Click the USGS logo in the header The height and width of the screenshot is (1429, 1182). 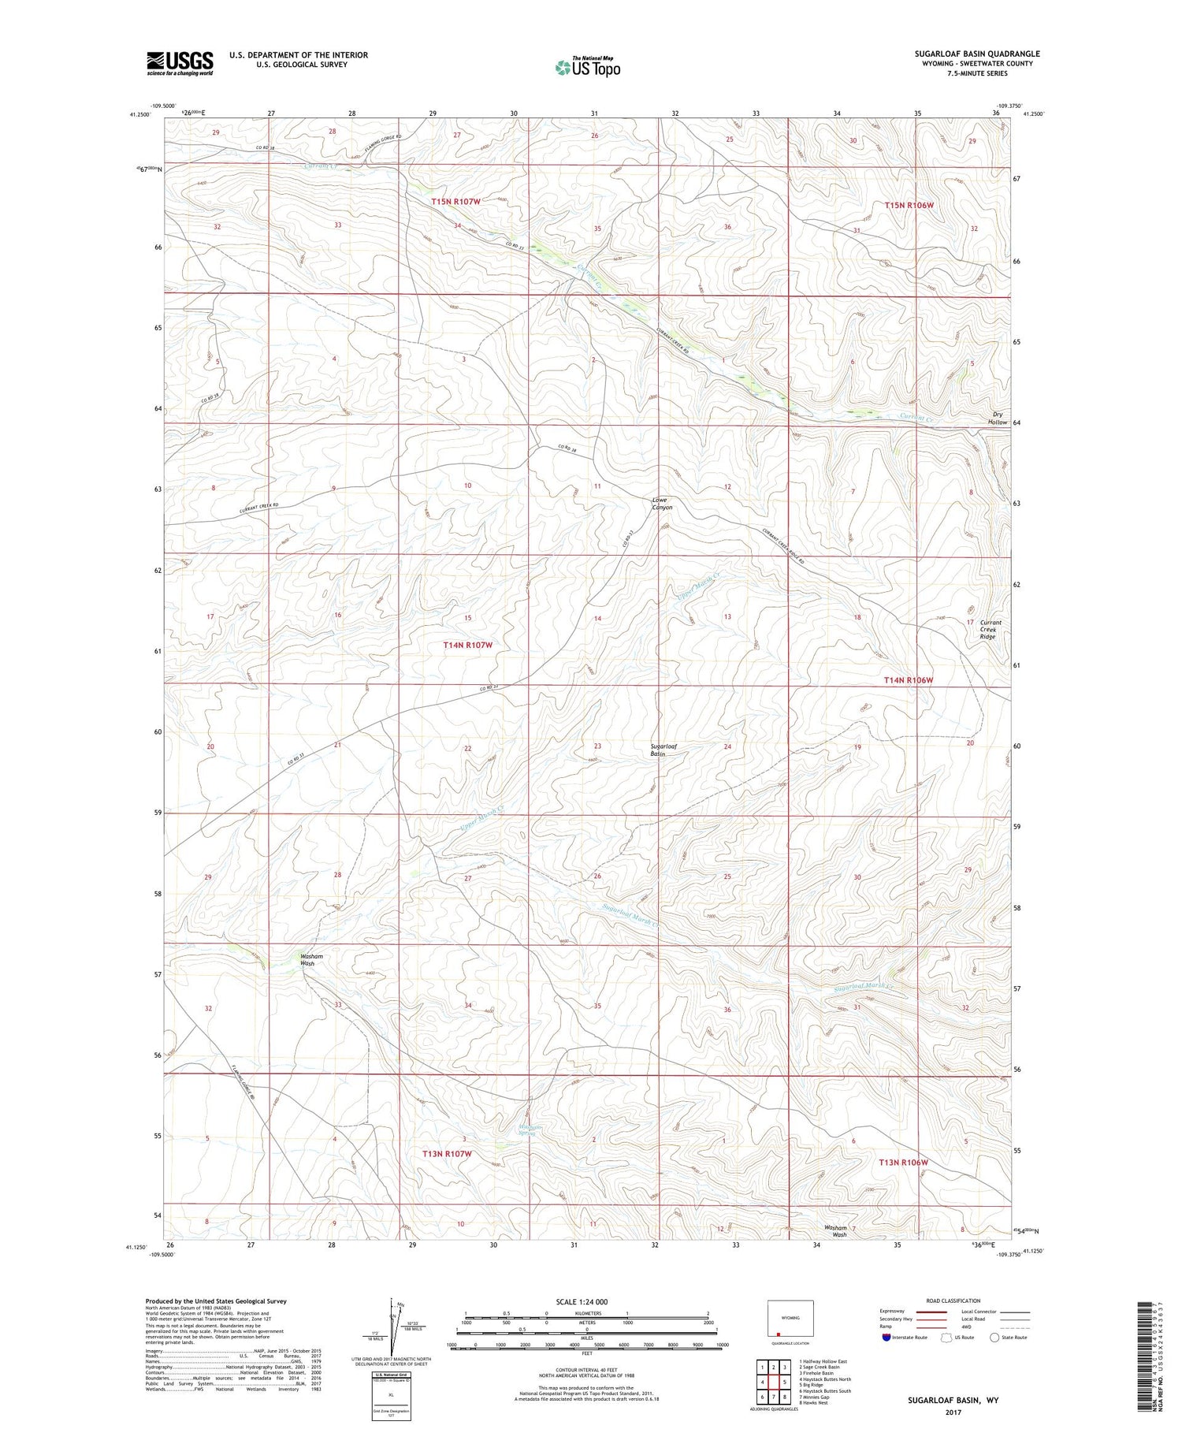pyautogui.click(x=180, y=63)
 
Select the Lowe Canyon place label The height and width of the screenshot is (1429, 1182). pyautogui.click(x=661, y=504)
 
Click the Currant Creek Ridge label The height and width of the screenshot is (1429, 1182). pyautogui.click(x=987, y=629)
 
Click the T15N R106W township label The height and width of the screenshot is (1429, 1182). pyautogui.click(x=908, y=205)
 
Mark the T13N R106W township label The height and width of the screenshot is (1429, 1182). pyautogui.click(x=903, y=1163)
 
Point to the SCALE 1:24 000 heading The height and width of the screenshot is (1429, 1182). pyautogui.click(x=582, y=1301)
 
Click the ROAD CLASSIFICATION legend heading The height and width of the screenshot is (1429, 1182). pyautogui.click(x=953, y=1301)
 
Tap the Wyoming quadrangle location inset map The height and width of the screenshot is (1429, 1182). pyautogui.click(x=790, y=1321)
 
